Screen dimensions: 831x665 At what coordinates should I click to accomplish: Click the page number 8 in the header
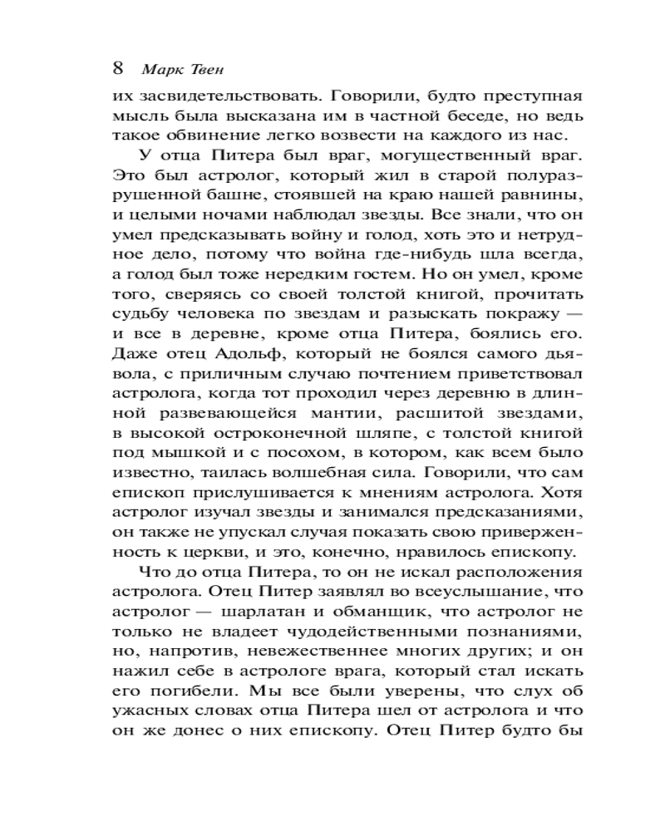pyautogui.click(x=117, y=66)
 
